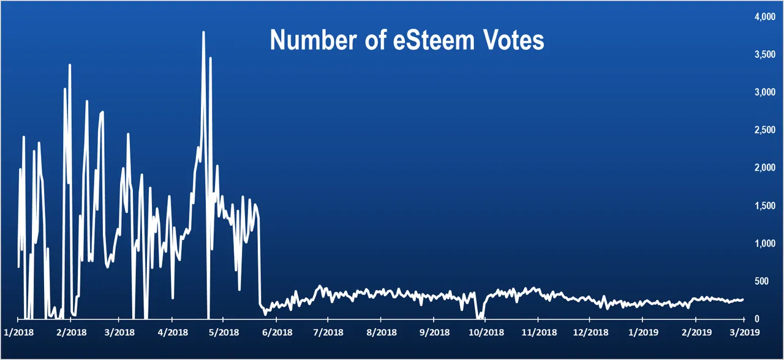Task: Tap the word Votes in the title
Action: [x=513, y=40]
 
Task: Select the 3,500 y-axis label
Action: [x=763, y=54]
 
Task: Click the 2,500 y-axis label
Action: [x=763, y=130]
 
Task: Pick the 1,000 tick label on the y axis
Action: [x=763, y=243]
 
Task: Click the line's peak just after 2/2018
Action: [x=70, y=64]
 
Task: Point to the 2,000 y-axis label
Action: [x=763, y=168]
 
